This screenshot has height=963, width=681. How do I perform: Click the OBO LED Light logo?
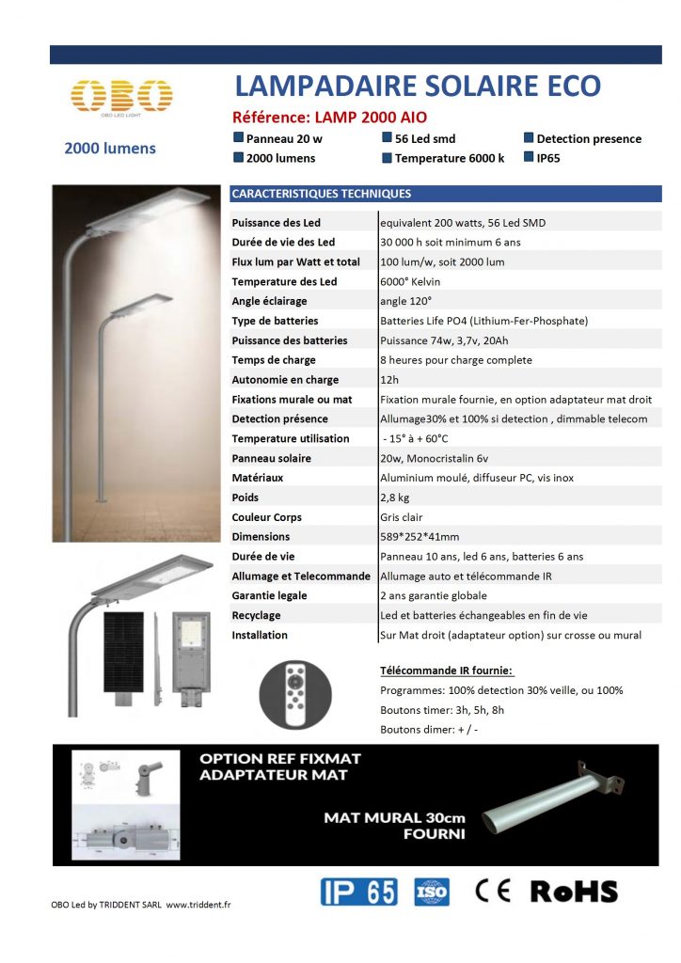[x=121, y=97]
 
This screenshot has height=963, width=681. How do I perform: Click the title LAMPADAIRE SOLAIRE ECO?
[x=417, y=87]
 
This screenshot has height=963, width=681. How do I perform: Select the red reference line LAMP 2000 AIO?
[x=329, y=118]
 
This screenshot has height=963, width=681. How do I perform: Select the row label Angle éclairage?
[x=269, y=301]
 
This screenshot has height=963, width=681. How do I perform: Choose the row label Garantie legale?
[x=269, y=595]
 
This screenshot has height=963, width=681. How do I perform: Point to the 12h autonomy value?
[x=388, y=380]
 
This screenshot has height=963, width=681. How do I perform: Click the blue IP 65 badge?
[x=358, y=892]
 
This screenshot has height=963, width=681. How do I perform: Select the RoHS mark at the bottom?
[x=574, y=892]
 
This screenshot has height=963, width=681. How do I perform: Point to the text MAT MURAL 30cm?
[x=394, y=817]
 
